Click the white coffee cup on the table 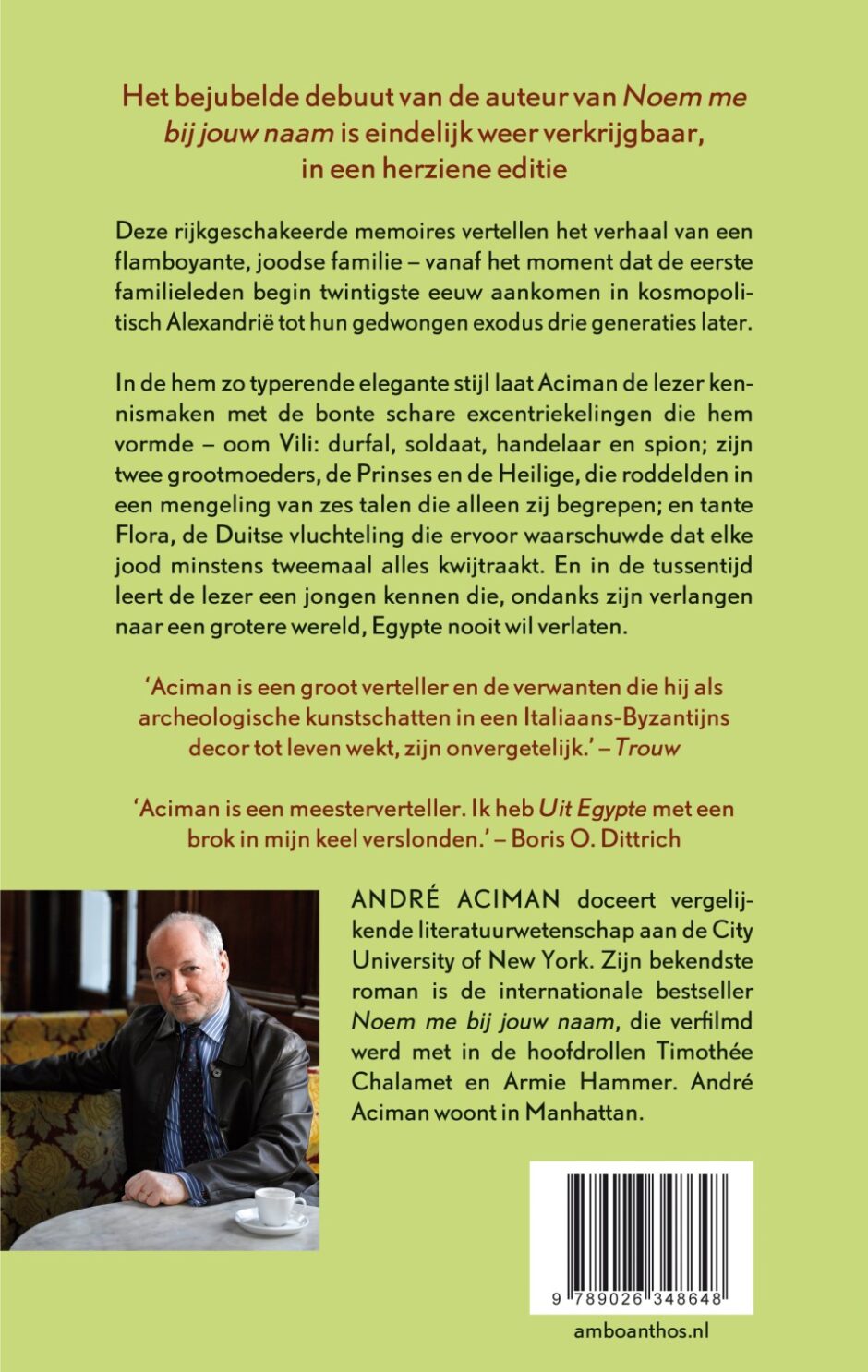tap(274, 1206)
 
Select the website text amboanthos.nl tap(641, 1330)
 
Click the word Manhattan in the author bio tap(583, 1112)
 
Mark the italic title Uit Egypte tap(592, 808)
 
